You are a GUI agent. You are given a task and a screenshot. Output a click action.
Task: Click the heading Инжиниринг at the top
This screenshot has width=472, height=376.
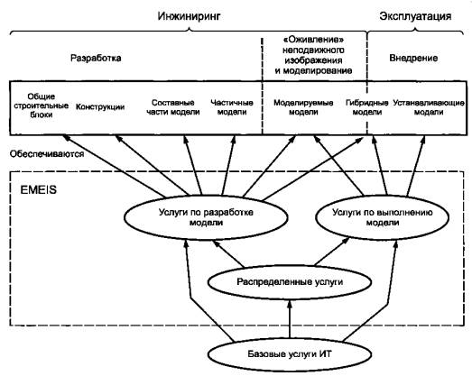tap(189, 16)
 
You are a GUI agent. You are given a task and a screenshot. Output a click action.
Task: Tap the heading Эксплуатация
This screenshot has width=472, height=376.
tap(415, 16)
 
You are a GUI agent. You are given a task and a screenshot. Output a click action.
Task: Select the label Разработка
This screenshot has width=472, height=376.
tap(96, 58)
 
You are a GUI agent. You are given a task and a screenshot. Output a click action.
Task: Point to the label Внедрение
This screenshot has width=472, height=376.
tap(413, 58)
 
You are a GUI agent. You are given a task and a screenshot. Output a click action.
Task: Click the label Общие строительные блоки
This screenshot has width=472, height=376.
tap(42, 105)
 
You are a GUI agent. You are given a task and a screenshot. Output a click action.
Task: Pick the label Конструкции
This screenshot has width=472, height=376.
tap(100, 106)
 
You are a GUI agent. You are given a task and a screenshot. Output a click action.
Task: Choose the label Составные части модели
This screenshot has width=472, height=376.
tap(173, 107)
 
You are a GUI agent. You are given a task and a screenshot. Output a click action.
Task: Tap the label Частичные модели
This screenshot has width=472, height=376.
tap(232, 107)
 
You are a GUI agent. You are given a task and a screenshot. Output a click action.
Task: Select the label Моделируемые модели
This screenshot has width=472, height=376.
tap(303, 107)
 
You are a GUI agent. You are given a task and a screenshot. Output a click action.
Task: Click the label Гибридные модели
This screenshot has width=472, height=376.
tap(367, 107)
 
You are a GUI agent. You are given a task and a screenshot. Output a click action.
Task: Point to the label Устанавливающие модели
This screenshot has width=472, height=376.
tap(429, 107)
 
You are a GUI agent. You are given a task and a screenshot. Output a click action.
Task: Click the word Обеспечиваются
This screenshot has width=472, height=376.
tap(47, 154)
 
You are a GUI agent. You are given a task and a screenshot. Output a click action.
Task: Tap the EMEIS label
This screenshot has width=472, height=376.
tap(38, 190)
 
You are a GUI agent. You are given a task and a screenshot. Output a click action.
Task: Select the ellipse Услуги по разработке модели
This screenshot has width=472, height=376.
tap(206, 217)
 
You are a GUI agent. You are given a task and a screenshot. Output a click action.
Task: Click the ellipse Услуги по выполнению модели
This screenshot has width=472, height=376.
tap(383, 217)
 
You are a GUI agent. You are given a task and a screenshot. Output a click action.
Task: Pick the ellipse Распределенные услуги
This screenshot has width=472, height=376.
tap(290, 282)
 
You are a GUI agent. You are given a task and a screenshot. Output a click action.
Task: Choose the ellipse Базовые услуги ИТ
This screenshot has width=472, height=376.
tap(290, 354)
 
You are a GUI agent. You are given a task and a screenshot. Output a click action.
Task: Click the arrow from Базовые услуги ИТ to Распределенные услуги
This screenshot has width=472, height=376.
tap(290, 319)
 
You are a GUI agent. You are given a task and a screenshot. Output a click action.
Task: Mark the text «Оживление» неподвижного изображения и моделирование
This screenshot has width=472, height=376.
tap(313, 55)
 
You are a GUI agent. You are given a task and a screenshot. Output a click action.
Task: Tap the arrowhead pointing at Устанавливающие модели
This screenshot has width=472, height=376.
tap(423, 140)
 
